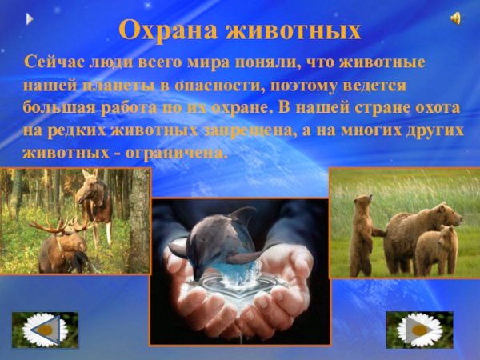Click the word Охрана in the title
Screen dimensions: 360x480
[x=166, y=30]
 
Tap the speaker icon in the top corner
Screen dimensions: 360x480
[x=455, y=18]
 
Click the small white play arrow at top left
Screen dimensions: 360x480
[x=30, y=18]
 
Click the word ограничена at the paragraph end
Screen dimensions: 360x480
[x=178, y=153]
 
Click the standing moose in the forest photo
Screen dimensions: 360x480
[x=94, y=200]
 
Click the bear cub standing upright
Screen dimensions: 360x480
[x=362, y=232]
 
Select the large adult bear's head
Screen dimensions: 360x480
[x=444, y=214]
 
